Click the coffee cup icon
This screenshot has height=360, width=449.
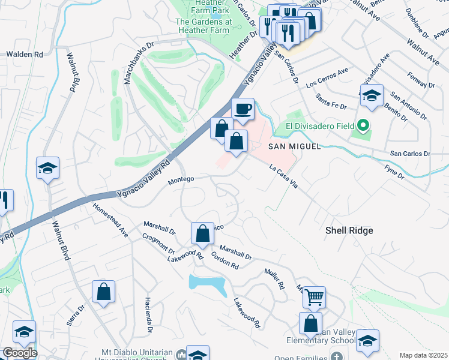tap(243, 109)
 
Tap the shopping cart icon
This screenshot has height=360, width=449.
tap(314, 296)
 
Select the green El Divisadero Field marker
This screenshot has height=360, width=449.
tap(362, 126)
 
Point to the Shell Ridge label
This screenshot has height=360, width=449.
tap(349, 230)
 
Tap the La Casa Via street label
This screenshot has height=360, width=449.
tap(284, 178)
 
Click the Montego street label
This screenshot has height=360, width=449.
tap(181, 179)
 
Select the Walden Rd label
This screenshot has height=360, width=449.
tap(25, 54)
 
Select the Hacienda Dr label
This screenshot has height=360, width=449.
tap(148, 315)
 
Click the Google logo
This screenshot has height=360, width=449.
tap(19, 353)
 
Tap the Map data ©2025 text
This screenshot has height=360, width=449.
tap(423, 355)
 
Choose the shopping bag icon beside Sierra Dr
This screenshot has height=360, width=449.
tap(103, 292)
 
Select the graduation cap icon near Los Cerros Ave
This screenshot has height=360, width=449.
tap(372, 95)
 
